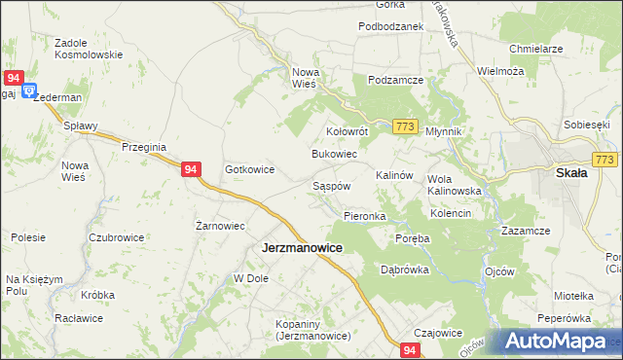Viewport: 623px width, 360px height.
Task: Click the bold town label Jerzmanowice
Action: click(302, 248)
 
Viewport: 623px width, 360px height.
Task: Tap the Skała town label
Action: click(570, 173)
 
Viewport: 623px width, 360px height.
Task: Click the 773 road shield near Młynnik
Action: click(407, 127)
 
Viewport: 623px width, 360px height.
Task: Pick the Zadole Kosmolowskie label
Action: click(89, 49)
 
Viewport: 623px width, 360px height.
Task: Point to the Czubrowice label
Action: click(117, 237)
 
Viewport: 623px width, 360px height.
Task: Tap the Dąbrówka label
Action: click(405, 270)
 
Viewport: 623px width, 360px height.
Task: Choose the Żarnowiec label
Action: click(219, 225)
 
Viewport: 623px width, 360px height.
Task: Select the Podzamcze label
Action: click(393, 80)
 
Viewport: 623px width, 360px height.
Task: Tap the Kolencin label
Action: click(451, 213)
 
